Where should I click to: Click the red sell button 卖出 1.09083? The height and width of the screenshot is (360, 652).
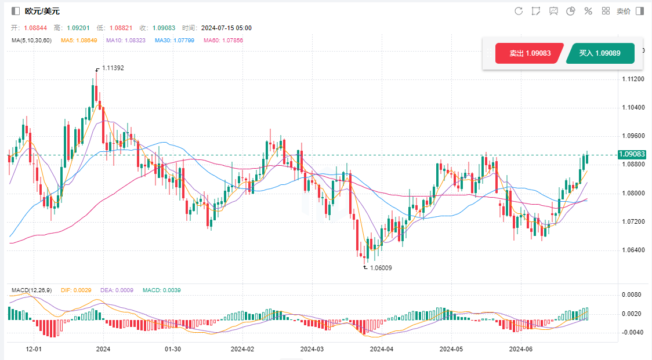tap(529, 53)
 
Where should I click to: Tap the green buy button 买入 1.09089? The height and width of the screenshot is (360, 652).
tap(600, 53)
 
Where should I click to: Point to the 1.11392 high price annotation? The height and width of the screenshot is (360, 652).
tap(113, 68)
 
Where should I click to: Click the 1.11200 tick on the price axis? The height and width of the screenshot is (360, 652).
tap(632, 79)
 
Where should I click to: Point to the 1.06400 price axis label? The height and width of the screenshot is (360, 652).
tap(632, 250)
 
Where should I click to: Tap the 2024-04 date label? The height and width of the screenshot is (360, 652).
tap(381, 350)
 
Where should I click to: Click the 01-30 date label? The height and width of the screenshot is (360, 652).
tap(173, 350)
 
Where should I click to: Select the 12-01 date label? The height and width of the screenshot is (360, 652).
tap(34, 350)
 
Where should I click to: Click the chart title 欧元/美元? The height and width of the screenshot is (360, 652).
tap(42, 11)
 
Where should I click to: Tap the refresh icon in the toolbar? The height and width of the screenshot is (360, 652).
tap(519, 11)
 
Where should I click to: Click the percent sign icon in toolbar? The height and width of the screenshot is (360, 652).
tap(588, 11)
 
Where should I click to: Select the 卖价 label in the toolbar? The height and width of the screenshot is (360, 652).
tap(624, 11)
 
